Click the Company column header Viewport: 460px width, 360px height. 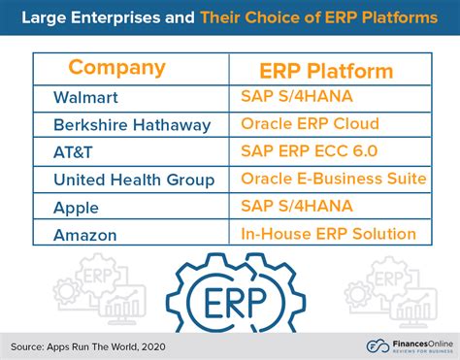pyautogui.click(x=116, y=68)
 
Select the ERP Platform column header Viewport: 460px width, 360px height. pyautogui.click(x=325, y=71)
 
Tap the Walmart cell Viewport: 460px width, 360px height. pyautogui.click(x=86, y=98)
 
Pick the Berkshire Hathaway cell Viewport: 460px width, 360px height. pyautogui.click(x=132, y=125)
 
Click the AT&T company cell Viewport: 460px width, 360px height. pyautogui.click(x=74, y=152)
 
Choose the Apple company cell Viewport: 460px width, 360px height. pyautogui.click(x=77, y=206)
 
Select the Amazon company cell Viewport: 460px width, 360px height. pyautogui.click(x=86, y=233)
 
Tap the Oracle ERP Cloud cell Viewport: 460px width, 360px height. pyautogui.click(x=310, y=125)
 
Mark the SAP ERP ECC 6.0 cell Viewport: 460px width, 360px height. pyautogui.click(x=309, y=152)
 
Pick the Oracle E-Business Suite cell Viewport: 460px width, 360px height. pyautogui.click(x=333, y=180)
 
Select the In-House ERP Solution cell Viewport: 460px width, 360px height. pyautogui.click(x=327, y=233)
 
